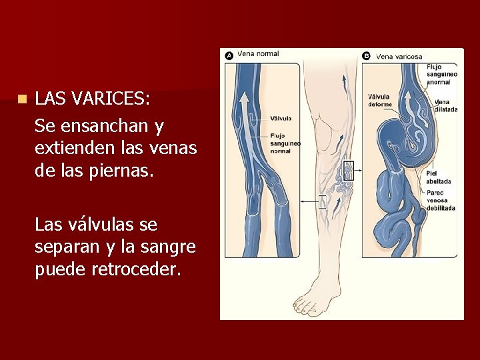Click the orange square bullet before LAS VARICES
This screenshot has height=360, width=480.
click(x=22, y=99)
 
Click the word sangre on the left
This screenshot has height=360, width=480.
click(x=172, y=247)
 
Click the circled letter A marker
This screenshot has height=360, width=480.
click(x=229, y=56)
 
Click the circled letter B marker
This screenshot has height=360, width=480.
click(x=366, y=56)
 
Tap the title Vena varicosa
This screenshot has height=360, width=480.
click(x=399, y=57)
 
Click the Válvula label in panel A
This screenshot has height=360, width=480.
click(x=281, y=118)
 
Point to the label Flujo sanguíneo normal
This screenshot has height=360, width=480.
click(x=285, y=143)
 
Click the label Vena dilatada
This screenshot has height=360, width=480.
click(x=445, y=106)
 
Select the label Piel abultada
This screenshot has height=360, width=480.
click(x=438, y=177)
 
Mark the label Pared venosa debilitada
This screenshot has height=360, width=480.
click(x=441, y=200)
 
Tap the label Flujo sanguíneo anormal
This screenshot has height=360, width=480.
click(x=442, y=74)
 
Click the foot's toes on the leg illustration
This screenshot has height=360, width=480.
click(x=309, y=307)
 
